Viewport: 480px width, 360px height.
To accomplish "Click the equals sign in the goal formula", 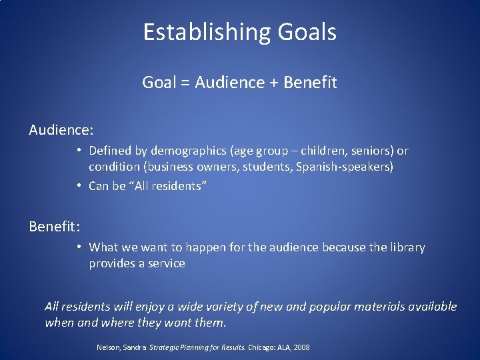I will click(x=183, y=83).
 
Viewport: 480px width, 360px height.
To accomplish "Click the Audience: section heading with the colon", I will click(x=61, y=129).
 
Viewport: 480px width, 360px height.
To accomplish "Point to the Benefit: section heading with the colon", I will click(x=55, y=226).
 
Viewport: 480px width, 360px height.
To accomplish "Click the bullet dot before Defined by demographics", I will click(x=79, y=151).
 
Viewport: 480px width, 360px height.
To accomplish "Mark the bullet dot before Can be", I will click(x=79, y=185).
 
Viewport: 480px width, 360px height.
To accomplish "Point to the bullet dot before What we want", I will click(x=79, y=247).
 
